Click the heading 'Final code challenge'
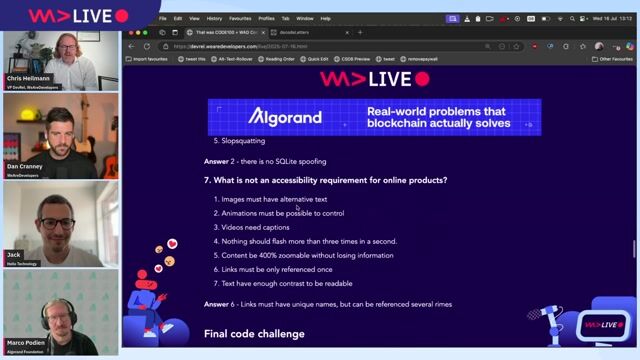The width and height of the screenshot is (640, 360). [254, 333]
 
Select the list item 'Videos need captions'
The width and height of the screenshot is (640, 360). [249, 227]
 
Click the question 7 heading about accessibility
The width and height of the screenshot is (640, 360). [325, 180]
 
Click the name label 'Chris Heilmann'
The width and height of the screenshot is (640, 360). [29, 77]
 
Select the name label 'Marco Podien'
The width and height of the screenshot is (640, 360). [28, 341]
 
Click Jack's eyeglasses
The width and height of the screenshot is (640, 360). [56, 223]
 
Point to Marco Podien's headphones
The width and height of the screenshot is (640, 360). [40, 302]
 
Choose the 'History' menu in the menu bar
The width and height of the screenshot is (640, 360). [215, 18]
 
